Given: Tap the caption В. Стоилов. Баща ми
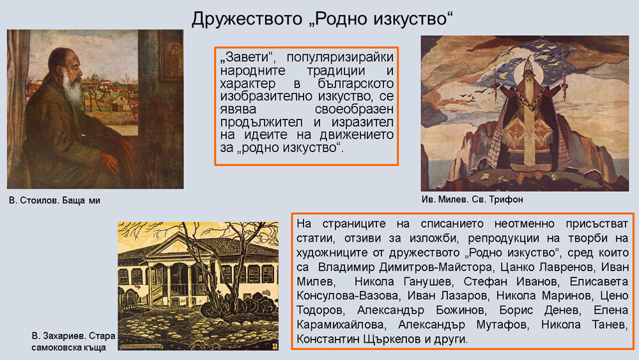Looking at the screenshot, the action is pyautogui.click(x=54, y=200).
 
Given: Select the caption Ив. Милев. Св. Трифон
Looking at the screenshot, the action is pyautogui.click(x=472, y=200).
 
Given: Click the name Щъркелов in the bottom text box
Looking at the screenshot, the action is pyautogui.click(x=392, y=339).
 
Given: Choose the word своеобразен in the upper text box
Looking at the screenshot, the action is pyautogui.click(x=354, y=110).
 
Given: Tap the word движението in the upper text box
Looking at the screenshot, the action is pyautogui.click(x=356, y=134).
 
